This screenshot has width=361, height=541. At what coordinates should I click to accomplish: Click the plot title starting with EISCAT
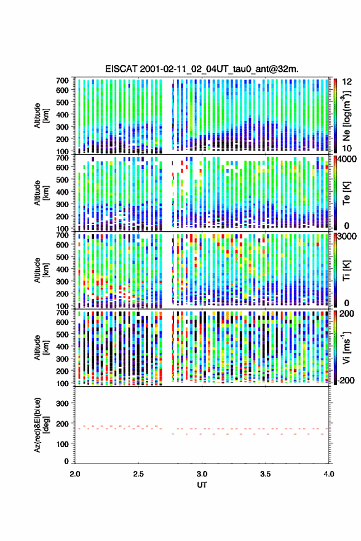202,69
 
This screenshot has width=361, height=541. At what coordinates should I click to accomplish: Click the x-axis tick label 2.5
138,474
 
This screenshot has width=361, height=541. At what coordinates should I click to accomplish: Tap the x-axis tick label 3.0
202,474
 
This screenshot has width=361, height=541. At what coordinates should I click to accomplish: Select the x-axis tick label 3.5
266,474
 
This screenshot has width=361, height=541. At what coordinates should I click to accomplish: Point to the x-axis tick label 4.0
328,474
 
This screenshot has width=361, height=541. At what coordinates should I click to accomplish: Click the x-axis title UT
202,485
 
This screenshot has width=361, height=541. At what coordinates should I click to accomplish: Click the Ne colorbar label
346,116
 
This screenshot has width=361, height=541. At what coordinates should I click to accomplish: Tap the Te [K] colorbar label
346,193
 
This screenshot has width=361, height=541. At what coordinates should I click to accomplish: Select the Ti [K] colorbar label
346,270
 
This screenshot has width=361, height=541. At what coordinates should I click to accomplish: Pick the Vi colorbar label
346,347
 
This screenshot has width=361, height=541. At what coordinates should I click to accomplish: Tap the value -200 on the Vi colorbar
346,380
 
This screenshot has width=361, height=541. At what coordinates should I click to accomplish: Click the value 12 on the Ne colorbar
347,81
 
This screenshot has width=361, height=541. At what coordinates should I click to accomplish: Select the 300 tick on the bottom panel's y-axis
63,403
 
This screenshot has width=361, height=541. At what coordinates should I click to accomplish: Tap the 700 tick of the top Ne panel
63,81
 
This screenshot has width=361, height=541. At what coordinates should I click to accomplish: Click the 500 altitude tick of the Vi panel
63,334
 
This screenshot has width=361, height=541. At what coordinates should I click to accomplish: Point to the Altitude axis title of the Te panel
41,192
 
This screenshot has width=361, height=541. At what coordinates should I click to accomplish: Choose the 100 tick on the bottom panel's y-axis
63,444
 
